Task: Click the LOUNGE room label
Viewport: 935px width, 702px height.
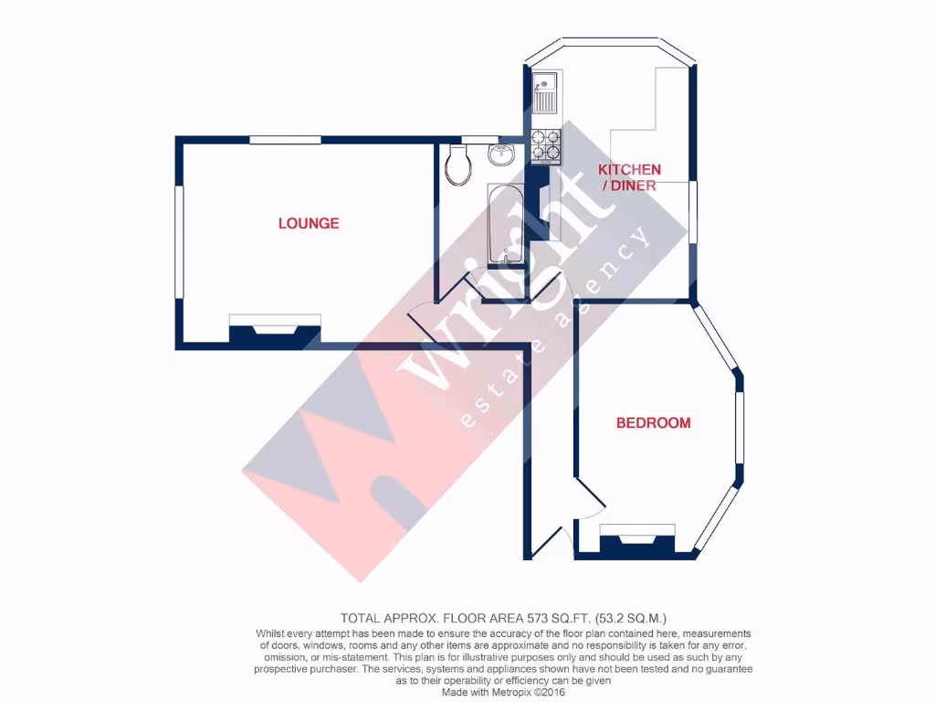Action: [309, 223]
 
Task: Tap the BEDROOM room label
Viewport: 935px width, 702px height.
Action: [653, 423]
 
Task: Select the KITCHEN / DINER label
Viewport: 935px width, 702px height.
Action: [629, 177]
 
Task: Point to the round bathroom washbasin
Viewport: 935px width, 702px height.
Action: [501, 154]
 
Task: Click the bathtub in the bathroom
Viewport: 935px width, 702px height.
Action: [503, 224]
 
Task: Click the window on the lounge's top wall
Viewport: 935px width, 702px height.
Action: [285, 140]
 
